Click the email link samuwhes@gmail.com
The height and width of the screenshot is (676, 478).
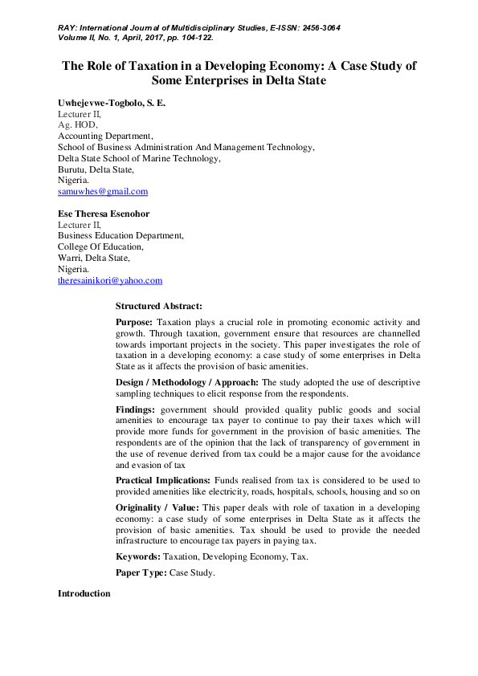103,192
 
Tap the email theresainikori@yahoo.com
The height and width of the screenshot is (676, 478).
110,280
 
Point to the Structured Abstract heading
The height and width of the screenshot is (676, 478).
159,306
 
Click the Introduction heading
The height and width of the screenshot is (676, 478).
84,593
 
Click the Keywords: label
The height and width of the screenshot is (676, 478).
138,556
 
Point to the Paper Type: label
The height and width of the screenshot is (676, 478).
141,574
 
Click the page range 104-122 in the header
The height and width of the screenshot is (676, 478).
194,37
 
